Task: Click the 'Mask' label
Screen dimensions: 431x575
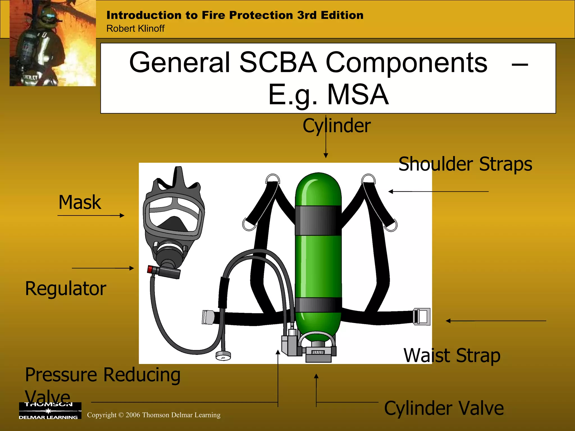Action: coord(80,202)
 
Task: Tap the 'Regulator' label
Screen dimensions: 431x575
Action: coord(66,289)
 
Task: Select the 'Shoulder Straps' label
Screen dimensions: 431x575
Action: coord(465,164)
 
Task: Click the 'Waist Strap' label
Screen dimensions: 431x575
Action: coord(452,356)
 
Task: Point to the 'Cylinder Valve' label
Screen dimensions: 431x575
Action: coord(444,408)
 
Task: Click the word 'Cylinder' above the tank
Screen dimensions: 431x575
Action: coord(337,125)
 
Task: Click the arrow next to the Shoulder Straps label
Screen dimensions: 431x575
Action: coord(438,192)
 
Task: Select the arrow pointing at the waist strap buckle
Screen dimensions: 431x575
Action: coord(496,321)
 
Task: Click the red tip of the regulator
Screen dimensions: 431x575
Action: coord(150,269)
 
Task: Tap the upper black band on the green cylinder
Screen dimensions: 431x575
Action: coord(318,220)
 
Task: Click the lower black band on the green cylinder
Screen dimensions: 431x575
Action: coord(318,305)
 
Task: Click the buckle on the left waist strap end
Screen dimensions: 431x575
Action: coord(208,317)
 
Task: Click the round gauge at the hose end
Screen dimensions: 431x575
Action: coord(223,356)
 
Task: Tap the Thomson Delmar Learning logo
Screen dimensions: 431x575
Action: coord(50,411)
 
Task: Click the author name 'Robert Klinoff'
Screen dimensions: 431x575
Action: coord(135,29)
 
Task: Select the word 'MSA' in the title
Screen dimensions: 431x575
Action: coord(358,95)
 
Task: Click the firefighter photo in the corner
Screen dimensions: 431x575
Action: coord(53,43)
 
